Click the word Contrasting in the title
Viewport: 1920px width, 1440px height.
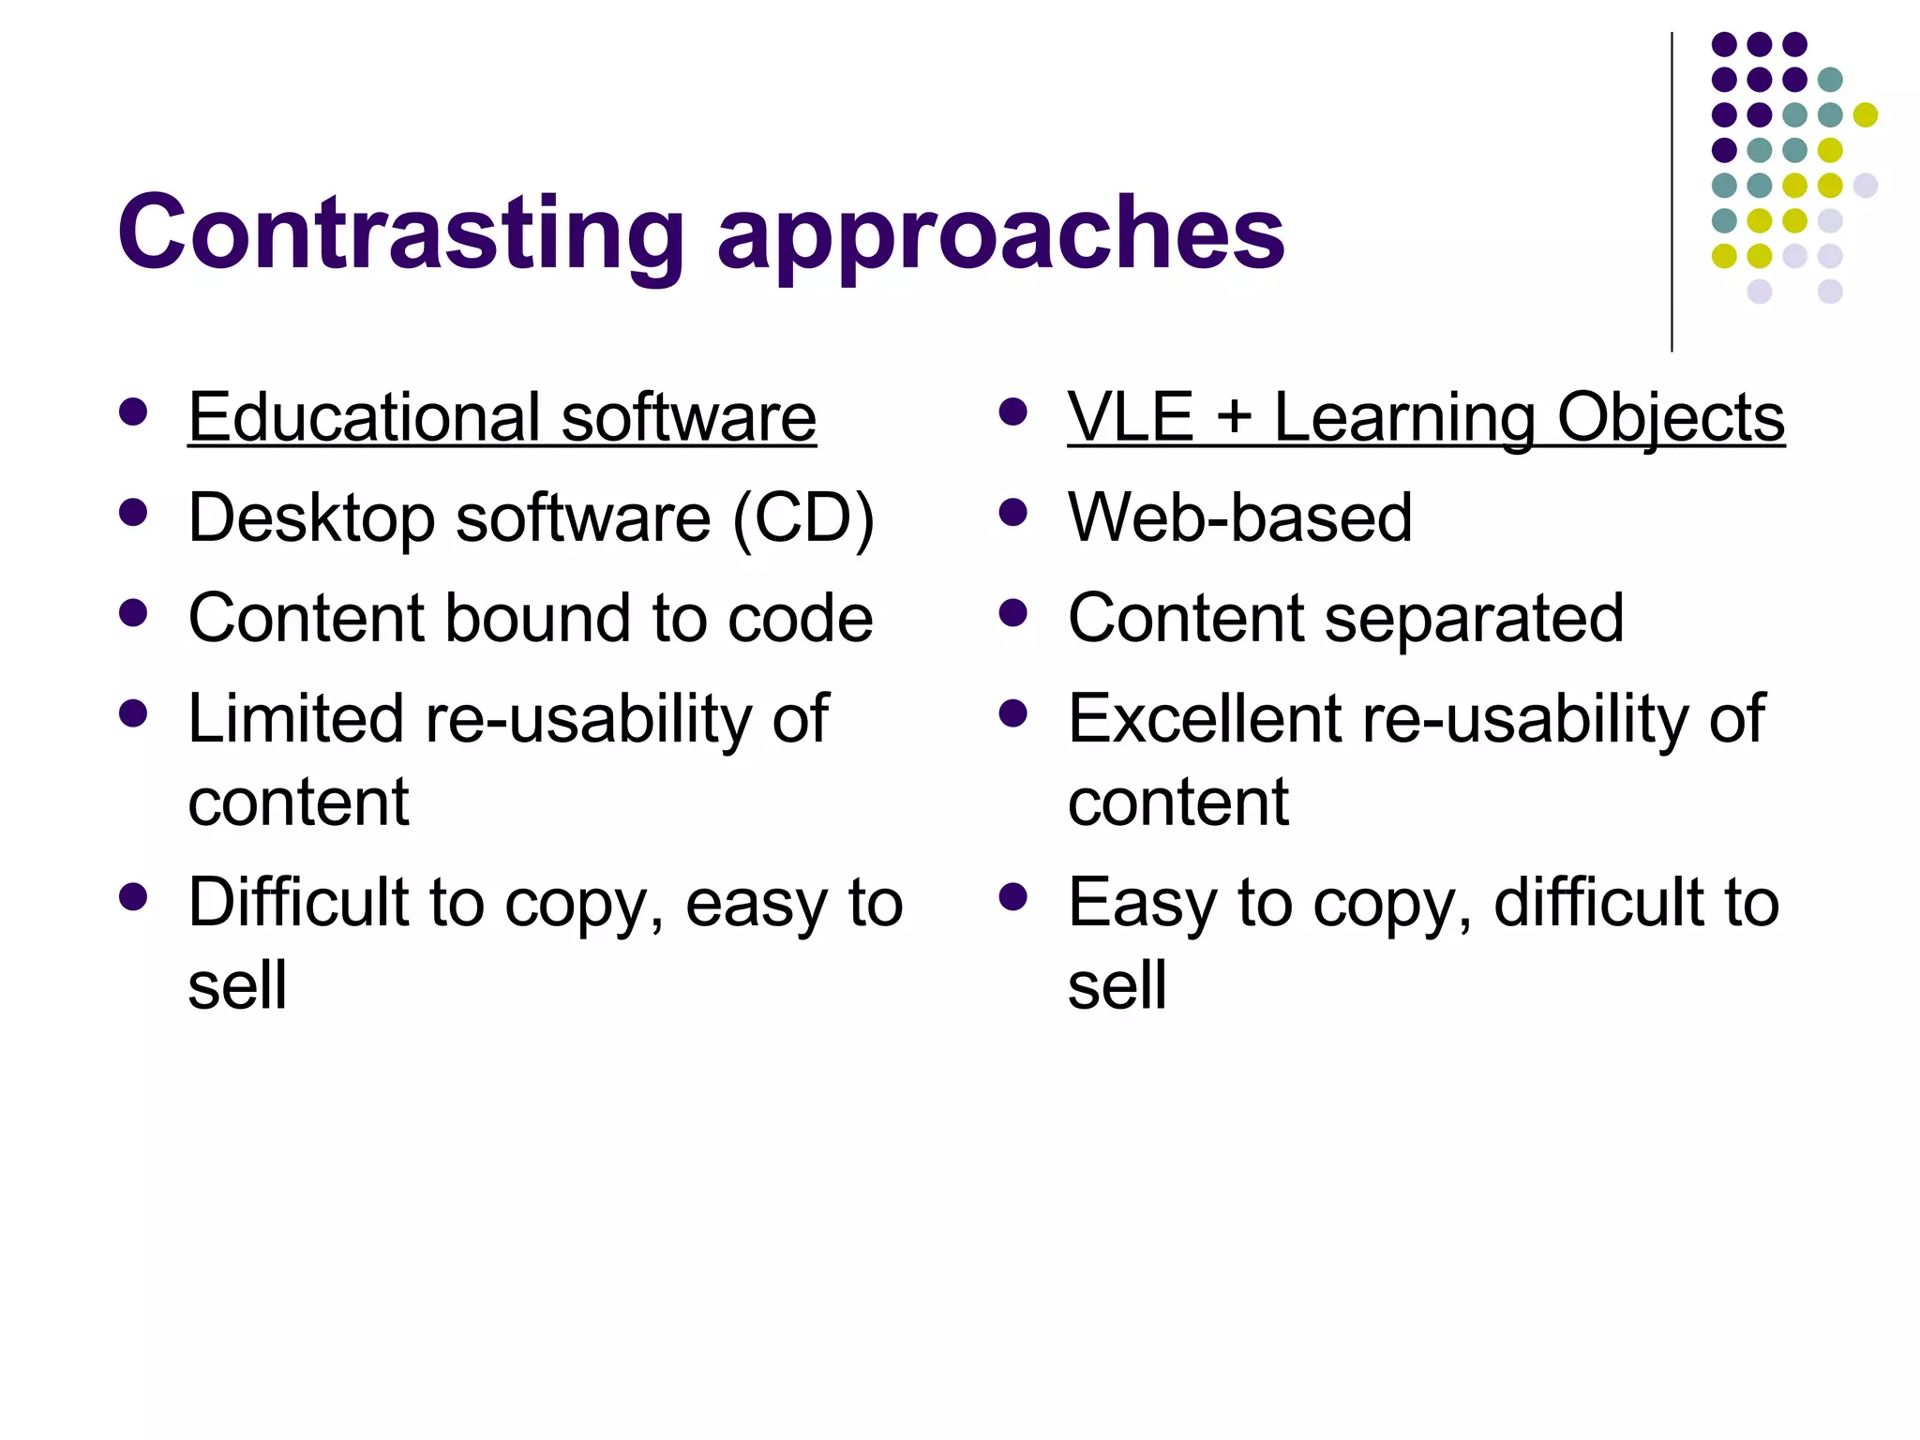click(x=401, y=232)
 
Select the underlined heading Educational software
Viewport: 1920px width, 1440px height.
click(x=502, y=417)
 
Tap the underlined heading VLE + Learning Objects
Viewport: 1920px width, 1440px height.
click(x=1425, y=417)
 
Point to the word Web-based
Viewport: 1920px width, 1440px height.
click(x=1239, y=517)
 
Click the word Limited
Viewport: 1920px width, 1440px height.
click(x=296, y=719)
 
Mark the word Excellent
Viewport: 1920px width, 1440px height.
click(x=1205, y=719)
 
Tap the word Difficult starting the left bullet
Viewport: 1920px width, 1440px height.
click(x=298, y=903)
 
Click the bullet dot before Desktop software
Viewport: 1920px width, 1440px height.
click(x=134, y=512)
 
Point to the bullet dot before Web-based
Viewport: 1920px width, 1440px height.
click(x=1013, y=512)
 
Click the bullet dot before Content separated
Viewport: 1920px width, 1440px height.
click(x=1013, y=613)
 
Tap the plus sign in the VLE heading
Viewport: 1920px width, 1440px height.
click(x=1234, y=418)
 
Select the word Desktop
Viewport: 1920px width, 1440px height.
click(x=311, y=518)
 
